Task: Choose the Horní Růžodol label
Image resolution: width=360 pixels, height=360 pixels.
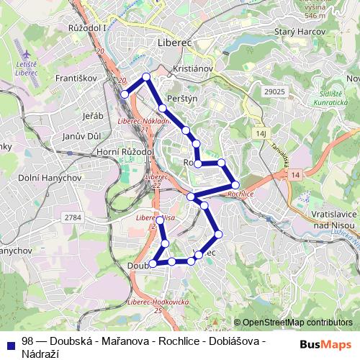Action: (x=124, y=153)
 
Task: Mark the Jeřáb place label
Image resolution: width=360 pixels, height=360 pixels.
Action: (x=94, y=116)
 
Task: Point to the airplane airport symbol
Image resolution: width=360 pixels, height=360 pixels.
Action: (x=27, y=55)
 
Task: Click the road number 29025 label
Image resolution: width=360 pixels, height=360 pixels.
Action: (x=275, y=93)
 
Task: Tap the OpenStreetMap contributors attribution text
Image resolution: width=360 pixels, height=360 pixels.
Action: (x=297, y=323)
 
